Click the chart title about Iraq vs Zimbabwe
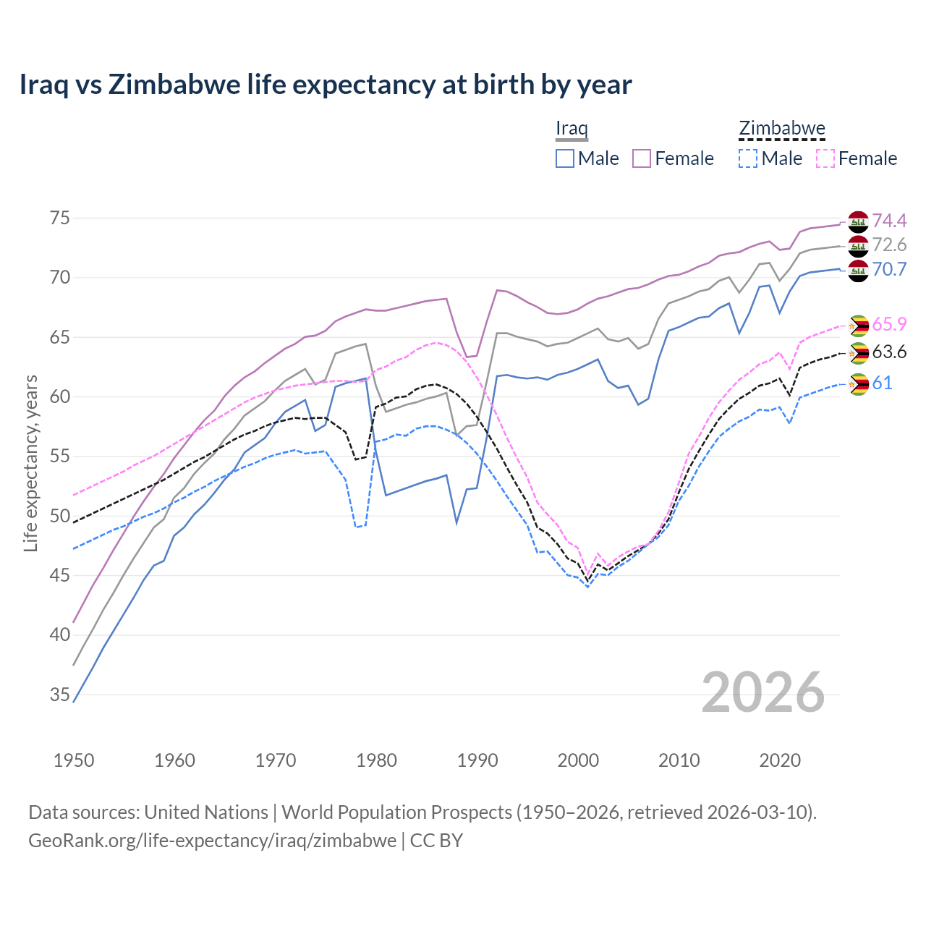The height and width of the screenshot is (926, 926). (x=326, y=85)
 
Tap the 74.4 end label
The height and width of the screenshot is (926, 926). (x=889, y=221)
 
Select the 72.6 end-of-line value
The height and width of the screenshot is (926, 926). (x=889, y=245)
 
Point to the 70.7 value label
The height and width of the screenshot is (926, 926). (x=889, y=270)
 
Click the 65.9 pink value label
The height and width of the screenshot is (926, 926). (x=889, y=324)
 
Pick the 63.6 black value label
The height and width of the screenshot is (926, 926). (x=889, y=352)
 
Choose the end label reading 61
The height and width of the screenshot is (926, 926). (x=882, y=383)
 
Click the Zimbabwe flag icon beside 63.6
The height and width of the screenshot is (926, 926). (x=858, y=353)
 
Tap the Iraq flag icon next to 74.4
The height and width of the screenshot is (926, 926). (x=858, y=221)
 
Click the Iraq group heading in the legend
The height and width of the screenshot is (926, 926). (x=572, y=129)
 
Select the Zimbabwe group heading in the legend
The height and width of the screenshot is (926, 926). (x=781, y=129)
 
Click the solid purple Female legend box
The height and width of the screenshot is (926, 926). (x=642, y=158)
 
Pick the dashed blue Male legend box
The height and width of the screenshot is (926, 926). (x=748, y=158)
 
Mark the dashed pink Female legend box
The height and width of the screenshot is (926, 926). (x=825, y=158)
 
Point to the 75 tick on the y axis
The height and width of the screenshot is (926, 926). (x=59, y=218)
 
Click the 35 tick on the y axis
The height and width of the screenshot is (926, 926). (x=59, y=695)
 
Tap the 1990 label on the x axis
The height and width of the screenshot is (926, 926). (x=477, y=760)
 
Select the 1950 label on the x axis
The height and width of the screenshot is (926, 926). (x=74, y=760)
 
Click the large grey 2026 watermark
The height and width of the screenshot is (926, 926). (x=763, y=692)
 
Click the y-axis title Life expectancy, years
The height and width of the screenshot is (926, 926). (x=31, y=463)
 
